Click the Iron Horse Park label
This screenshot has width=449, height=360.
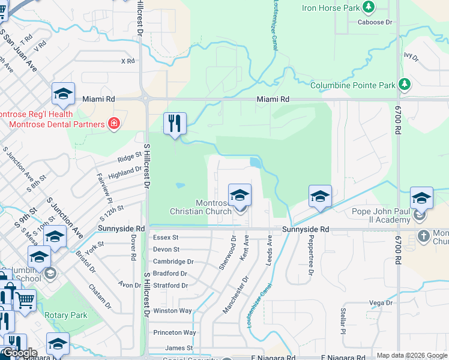[331, 8]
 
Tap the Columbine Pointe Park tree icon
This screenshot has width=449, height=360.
[405, 85]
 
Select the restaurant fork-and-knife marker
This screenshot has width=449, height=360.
[175, 124]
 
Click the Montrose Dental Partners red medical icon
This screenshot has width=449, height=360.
[113, 124]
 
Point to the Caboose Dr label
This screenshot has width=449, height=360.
[375, 22]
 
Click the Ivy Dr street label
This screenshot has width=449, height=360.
[411, 56]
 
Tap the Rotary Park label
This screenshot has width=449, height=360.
[66, 315]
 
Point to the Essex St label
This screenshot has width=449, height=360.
[166, 238]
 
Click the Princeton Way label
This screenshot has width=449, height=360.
[175, 332]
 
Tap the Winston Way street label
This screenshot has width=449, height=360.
[173, 311]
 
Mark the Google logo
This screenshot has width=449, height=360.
[20, 353]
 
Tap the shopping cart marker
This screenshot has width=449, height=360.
[25, 300]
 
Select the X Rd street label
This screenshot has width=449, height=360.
[127, 61]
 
